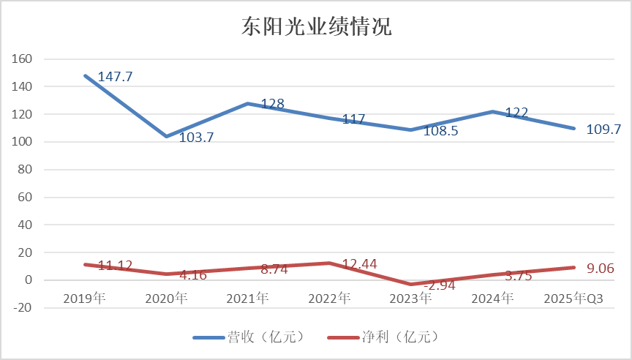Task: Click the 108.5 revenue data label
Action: click(441, 132)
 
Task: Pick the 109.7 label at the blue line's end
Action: click(603, 130)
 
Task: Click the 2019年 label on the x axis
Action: click(84, 299)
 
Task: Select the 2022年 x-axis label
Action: click(329, 299)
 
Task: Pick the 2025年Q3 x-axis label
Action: click(574, 299)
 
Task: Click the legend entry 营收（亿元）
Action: click(248, 337)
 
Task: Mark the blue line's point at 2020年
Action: click(166, 136)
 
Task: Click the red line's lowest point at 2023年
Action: click(411, 285)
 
